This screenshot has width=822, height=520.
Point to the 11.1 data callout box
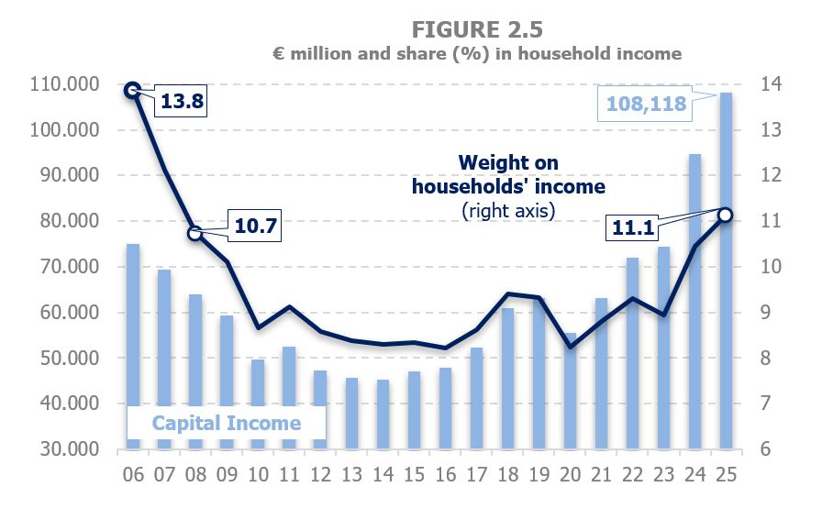pyautogui.click(x=634, y=227)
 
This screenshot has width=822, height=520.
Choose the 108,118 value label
pyautogui.click(x=642, y=105)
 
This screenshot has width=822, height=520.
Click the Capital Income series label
pyautogui.click(x=226, y=423)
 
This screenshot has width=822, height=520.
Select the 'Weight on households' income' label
pyautogui.click(x=508, y=174)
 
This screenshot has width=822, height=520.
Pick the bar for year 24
pyautogui.click(x=694, y=302)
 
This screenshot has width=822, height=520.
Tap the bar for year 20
pyautogui.click(x=570, y=391)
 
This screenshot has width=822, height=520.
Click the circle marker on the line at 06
pyautogui.click(x=132, y=90)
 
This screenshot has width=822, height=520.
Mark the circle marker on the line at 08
pyautogui.click(x=194, y=234)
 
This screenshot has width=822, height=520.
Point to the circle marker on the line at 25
pyautogui.click(x=725, y=215)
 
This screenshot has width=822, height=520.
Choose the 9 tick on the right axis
pyautogui.click(x=763, y=313)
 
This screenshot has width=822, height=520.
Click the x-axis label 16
pyautogui.click(x=445, y=475)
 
